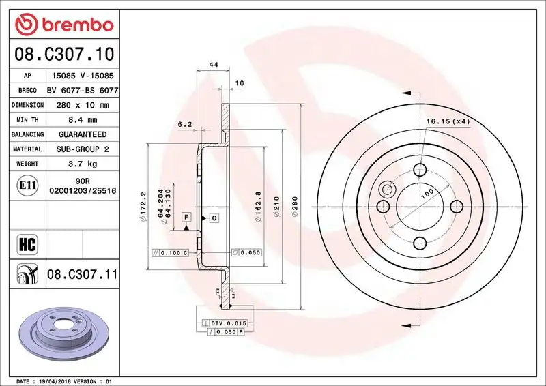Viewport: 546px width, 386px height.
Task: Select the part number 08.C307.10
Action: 63,53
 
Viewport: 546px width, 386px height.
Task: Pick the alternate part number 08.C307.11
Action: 83,275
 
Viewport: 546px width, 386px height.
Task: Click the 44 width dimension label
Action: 213,65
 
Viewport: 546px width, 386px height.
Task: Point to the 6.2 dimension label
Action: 184,124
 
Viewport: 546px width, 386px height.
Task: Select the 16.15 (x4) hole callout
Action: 448,121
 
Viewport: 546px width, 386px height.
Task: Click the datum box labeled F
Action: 185,217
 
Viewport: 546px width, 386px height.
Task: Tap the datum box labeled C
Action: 214,218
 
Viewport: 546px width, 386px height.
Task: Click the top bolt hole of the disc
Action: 420,170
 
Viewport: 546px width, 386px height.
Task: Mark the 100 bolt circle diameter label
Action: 427,194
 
